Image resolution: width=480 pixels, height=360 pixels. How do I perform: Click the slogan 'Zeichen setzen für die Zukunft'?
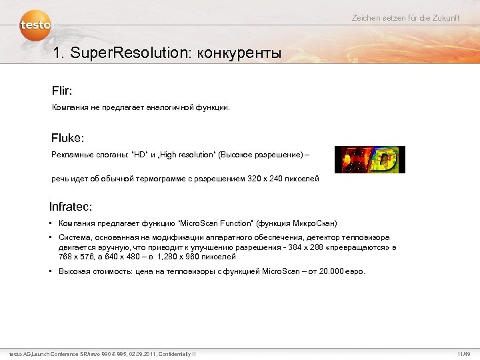point(405,18)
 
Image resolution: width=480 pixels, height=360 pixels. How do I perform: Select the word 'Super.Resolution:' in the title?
point(127,53)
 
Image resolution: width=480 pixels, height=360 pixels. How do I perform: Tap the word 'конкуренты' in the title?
point(238,53)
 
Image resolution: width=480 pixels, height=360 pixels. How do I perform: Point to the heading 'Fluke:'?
point(68,139)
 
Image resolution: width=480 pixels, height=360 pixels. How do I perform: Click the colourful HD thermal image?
point(369,159)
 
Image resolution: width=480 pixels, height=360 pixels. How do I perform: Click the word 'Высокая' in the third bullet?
point(74,271)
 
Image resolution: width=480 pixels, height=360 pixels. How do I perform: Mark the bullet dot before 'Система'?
point(51,238)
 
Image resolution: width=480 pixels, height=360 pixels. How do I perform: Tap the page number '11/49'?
point(463,353)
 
